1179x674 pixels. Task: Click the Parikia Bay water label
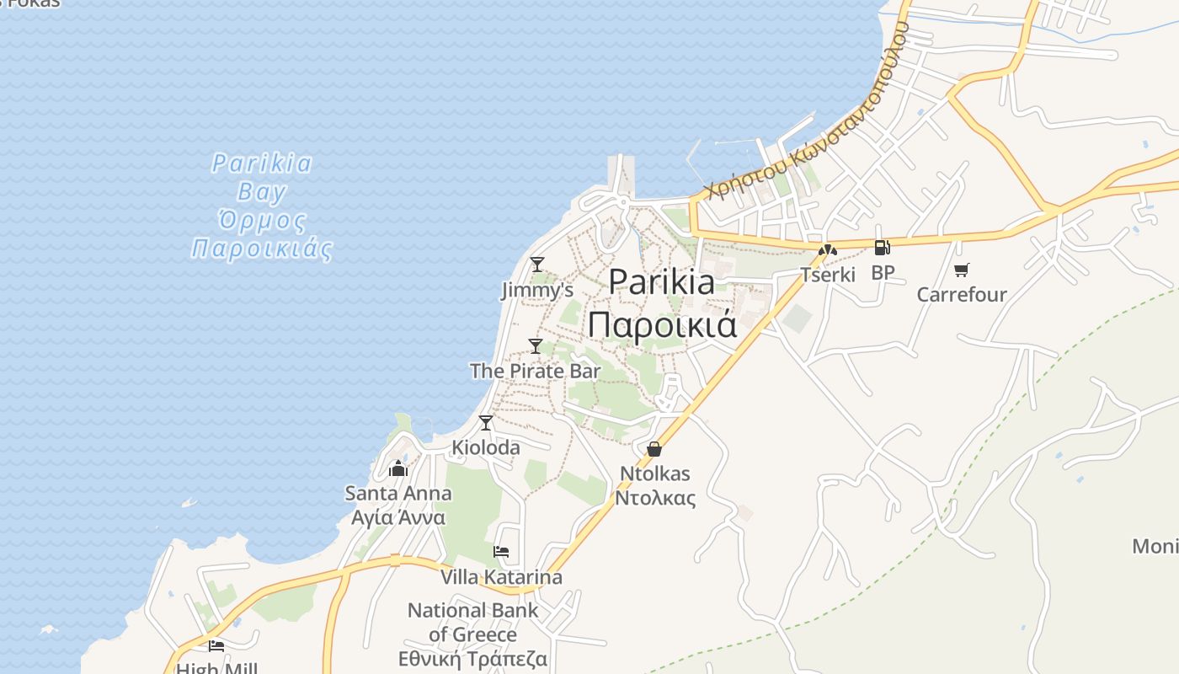pos(261,206)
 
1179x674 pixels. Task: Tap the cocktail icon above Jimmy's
pos(537,265)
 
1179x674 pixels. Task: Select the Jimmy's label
pos(537,291)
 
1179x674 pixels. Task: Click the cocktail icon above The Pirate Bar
pos(536,345)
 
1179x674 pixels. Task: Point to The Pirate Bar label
pos(536,371)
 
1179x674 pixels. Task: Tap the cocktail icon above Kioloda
pos(486,423)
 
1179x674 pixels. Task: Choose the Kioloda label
pos(486,447)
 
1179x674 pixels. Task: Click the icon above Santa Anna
pos(398,468)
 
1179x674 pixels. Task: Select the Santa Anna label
pos(398,504)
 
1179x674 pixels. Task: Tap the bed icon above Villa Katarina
pos(501,552)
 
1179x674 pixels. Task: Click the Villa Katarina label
pos(501,577)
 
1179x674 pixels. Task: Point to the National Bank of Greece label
pos(472,634)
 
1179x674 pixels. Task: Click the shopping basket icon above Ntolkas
pos(654,449)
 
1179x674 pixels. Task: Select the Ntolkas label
pos(655,485)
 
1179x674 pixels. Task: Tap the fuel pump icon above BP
pos(882,248)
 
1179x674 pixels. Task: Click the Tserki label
pos(828,275)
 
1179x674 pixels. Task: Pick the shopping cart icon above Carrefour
pos(961,270)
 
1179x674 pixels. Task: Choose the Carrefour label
pos(962,295)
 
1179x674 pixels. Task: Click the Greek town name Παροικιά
pos(662,324)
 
